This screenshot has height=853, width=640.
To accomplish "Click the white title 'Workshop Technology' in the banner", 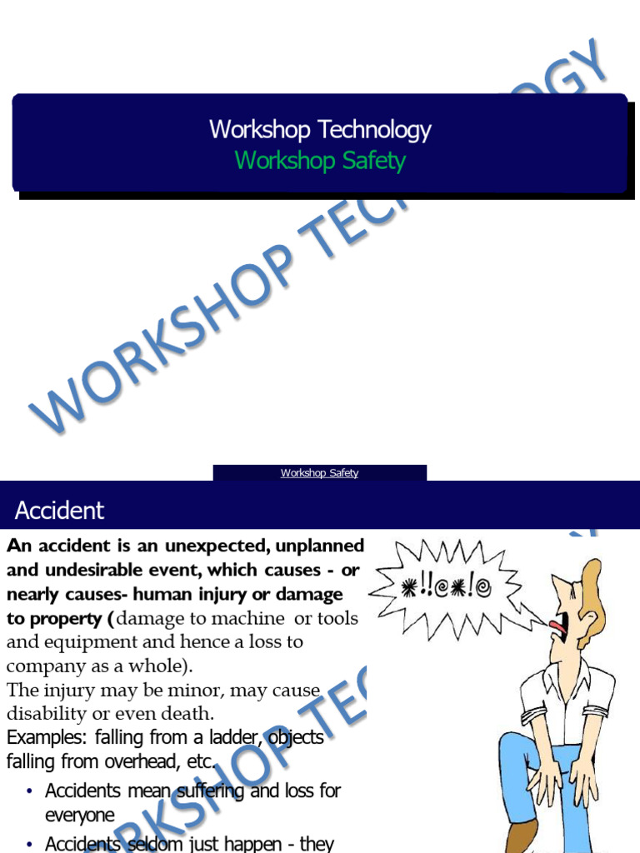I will tap(320, 130).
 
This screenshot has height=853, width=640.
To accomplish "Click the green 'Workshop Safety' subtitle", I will tap(320, 160).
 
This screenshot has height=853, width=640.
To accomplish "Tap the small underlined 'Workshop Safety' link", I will tap(320, 473).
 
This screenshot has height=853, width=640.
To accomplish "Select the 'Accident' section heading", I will tap(60, 510).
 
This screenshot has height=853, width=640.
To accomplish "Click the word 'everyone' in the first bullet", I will tap(80, 816).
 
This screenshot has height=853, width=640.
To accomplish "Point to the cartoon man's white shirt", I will tap(567, 700).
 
